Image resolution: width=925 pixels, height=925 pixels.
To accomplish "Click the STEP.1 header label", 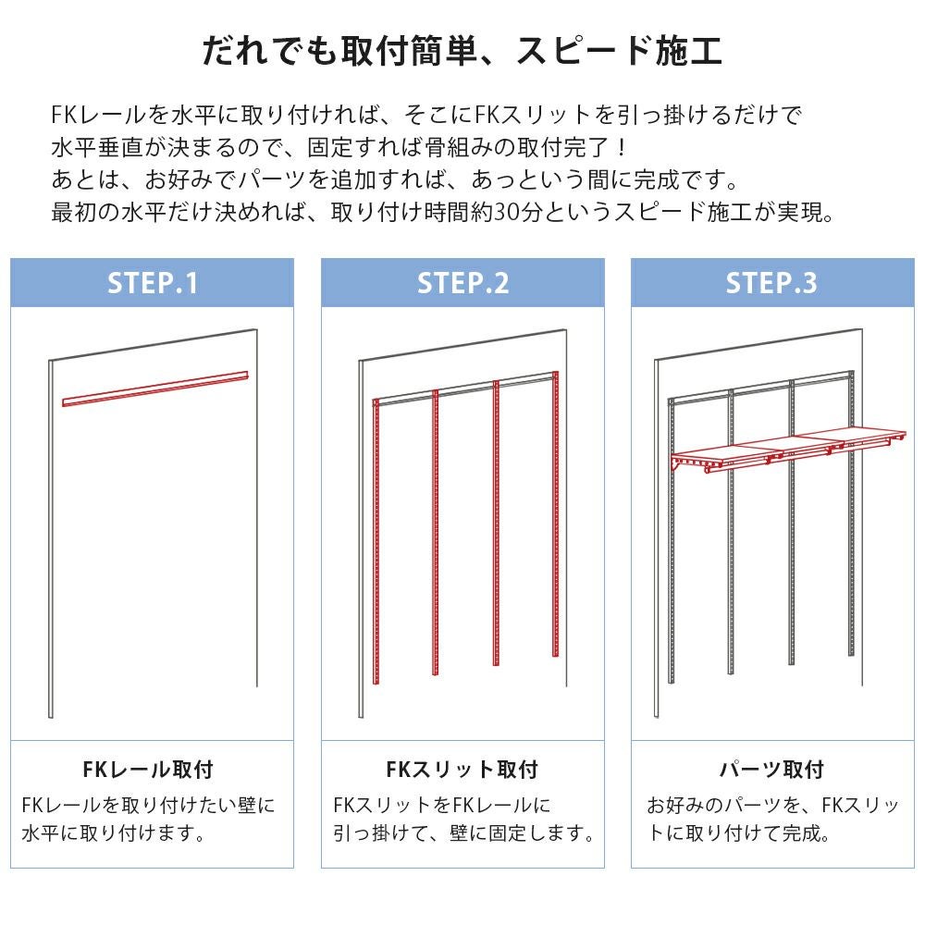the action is tap(153, 283).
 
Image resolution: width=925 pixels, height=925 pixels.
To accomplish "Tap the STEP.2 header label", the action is tap(463, 283).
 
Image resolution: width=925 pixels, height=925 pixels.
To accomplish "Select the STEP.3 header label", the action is tap(771, 283).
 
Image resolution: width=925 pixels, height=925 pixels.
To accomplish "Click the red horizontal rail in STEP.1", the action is tap(155, 388).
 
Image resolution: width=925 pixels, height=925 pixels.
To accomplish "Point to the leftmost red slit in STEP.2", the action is tap(376, 541).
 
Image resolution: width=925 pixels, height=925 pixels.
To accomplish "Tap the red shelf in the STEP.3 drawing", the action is tap(788, 450).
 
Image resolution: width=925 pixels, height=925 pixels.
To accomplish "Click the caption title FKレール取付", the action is tap(148, 770).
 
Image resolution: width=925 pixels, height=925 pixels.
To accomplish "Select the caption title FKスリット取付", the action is tap(462, 770).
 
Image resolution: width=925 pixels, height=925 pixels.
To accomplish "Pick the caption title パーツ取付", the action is tap(771, 770).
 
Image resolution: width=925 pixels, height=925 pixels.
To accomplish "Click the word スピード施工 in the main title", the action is tap(620, 50).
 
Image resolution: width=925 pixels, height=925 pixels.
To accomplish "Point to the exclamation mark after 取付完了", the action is tap(622, 147).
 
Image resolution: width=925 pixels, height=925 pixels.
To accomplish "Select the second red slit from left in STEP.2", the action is tap(436, 532).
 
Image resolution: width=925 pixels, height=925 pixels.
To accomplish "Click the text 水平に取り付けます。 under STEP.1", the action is tap(114, 833).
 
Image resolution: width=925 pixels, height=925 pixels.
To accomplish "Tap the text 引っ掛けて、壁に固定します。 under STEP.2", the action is tap(464, 833).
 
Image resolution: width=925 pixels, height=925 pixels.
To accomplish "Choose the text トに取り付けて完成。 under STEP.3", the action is tap(739, 833).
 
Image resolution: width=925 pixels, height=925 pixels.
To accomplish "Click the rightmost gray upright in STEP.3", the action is tap(851, 513).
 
